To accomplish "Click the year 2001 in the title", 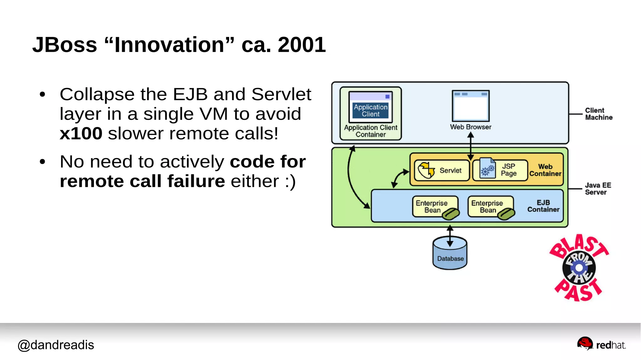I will [301, 45].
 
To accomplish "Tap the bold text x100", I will [81, 134].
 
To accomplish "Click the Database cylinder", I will [450, 254].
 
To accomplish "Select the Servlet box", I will [442, 170].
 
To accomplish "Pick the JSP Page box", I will [500, 170].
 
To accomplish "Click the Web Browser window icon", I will [470, 106].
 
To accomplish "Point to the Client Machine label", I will [598, 114].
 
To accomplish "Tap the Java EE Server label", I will [597, 189].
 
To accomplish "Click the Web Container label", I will [545, 170].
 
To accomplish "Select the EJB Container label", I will [543, 206].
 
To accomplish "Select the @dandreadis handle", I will [56, 345].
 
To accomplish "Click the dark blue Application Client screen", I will [370, 111].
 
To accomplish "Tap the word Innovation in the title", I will [169, 45].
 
